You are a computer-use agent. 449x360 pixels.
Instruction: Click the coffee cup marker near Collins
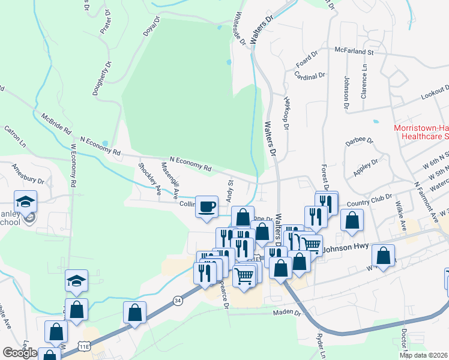[207, 206]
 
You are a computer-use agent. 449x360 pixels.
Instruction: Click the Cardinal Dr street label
[310, 75]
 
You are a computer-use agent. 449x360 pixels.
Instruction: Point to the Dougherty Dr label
[101, 78]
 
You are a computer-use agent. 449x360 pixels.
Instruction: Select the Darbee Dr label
[360, 142]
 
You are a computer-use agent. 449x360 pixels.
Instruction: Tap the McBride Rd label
[57, 122]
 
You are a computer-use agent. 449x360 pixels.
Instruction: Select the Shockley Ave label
[149, 179]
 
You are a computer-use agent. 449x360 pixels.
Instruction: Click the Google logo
[19, 353]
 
